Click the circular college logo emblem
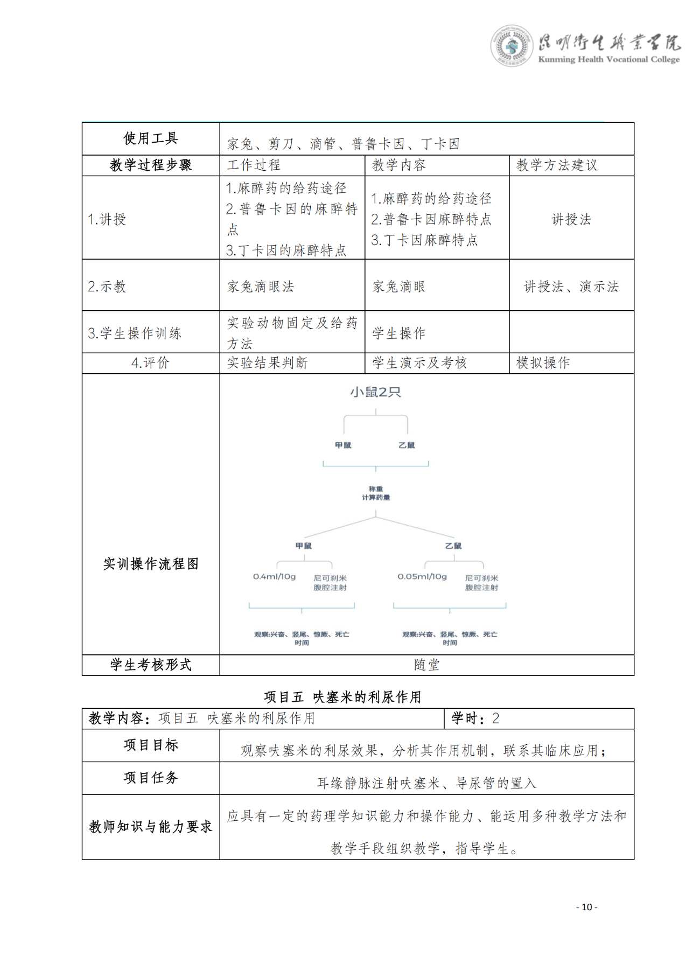tap(511, 46)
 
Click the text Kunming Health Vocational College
tap(608, 59)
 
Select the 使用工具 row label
tap(151, 139)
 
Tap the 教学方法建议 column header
tap(557, 165)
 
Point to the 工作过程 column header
tap(254, 165)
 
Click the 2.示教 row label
tap(107, 287)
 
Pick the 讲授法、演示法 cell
tap(571, 287)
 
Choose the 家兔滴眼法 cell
tap(261, 287)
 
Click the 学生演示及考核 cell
tap(419, 363)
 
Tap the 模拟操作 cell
tap(543, 363)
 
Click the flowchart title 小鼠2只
tap(376, 392)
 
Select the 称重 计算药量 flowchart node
tap(376, 493)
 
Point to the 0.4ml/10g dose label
tap(275, 577)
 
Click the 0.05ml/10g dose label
tap(422, 577)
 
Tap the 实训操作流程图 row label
tap(151, 564)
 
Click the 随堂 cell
tap(426, 665)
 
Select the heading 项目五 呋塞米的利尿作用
tap(342, 697)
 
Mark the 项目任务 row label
tap(151, 778)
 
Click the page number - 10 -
tap(586, 907)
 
